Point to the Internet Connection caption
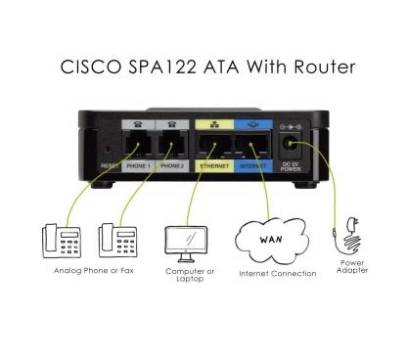(277, 274)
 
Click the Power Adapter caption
(352, 266)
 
